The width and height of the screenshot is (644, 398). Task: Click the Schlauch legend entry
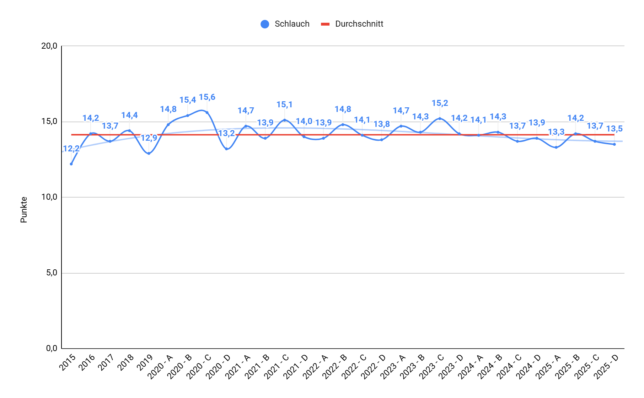285,24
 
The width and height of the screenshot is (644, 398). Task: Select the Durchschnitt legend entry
352,24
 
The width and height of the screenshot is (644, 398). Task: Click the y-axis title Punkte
24,210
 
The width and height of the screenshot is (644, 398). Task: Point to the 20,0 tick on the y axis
49,46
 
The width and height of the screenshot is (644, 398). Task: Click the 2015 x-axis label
68,362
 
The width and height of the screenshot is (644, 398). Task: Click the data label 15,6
207,97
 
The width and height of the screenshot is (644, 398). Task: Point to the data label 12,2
71,149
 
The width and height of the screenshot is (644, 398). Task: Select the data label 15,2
440,103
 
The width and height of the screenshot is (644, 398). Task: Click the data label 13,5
615,129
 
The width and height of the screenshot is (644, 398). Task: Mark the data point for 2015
71,164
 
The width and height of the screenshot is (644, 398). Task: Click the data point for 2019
149,154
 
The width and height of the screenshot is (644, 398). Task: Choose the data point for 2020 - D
226,149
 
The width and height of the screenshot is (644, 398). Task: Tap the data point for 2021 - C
285,120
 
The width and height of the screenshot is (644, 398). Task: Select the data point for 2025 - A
556,147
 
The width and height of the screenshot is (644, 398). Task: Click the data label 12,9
149,138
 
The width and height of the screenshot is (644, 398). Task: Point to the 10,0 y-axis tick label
49,197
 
